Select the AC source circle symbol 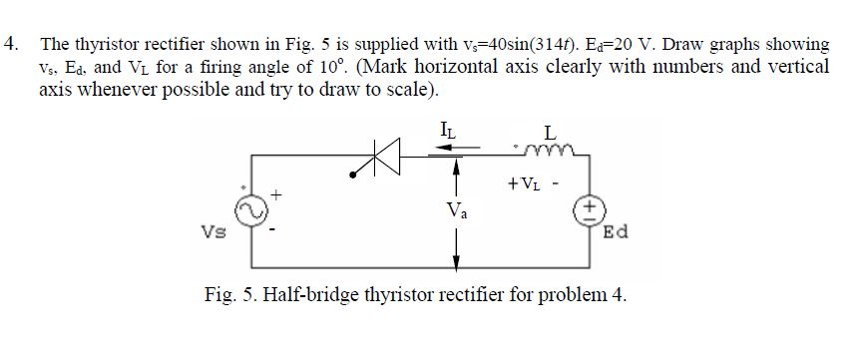252,208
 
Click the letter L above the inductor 550,131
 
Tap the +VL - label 535,183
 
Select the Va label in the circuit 455,209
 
